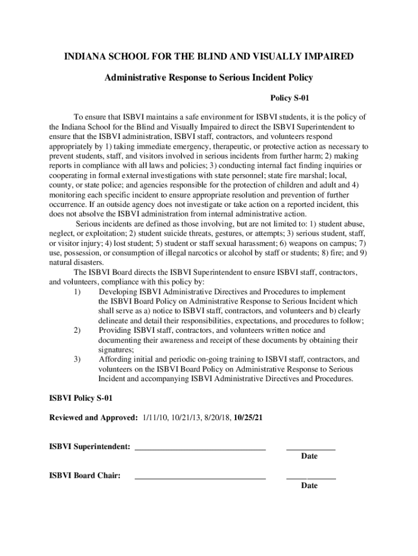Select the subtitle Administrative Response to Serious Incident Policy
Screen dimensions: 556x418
tap(208, 78)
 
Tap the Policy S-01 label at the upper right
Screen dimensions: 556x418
tap(290, 98)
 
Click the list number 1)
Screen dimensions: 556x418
tap(78, 292)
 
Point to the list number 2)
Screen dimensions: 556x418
tap(78, 330)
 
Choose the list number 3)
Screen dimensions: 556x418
tap(78, 359)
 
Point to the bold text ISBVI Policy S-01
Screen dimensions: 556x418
tap(81, 398)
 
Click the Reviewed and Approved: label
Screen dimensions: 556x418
tap(93, 418)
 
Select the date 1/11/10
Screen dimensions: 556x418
tap(156, 418)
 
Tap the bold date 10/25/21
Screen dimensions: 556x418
tap(249, 418)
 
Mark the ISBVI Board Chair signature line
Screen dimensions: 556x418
tap(200, 479)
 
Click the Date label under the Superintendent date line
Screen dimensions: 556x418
tap(309, 456)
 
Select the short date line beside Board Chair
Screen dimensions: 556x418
tap(311, 479)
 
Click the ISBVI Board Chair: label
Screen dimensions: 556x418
tap(85, 476)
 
